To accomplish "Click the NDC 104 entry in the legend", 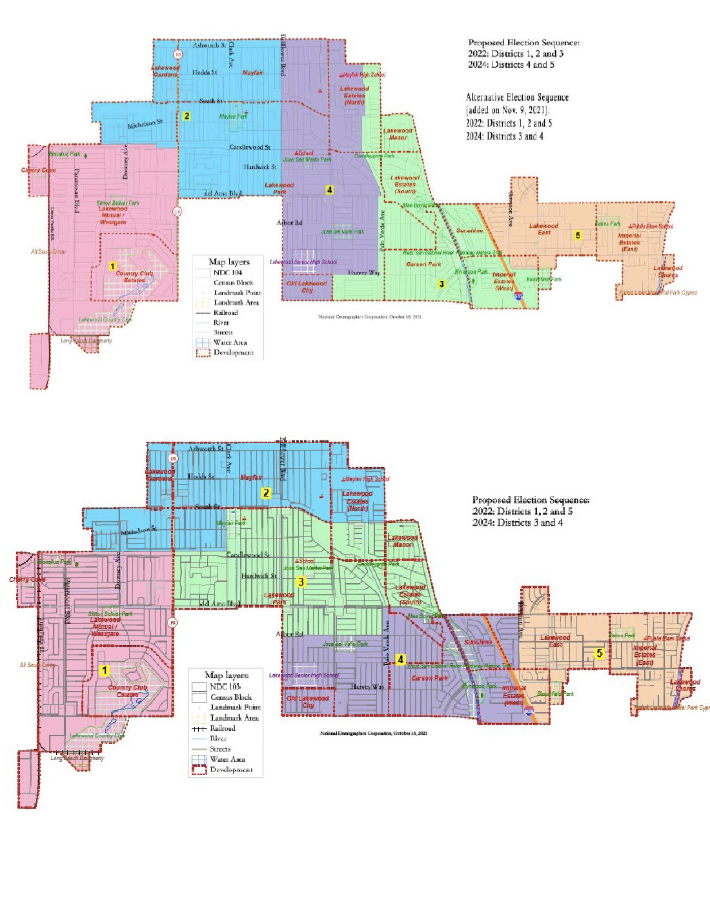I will (228, 272).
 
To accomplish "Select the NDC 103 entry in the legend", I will (225, 686).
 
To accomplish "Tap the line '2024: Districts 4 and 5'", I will (511, 65).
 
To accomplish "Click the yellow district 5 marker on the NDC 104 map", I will (578, 236).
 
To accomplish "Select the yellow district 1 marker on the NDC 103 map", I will (105, 670).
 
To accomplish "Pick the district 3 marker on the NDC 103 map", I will (301, 582).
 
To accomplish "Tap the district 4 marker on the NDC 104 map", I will (329, 190).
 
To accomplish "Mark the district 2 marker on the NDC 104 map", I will (187, 116).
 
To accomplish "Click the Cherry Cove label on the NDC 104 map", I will (39, 170).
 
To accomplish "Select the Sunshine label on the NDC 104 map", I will (469, 231).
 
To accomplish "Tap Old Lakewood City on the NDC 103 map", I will (308, 701).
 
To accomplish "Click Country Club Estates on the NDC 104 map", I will (134, 276).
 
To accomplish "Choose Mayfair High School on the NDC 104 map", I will (363, 75).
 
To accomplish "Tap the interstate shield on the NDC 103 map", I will (529, 711).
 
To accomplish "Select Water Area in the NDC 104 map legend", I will (230, 342).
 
